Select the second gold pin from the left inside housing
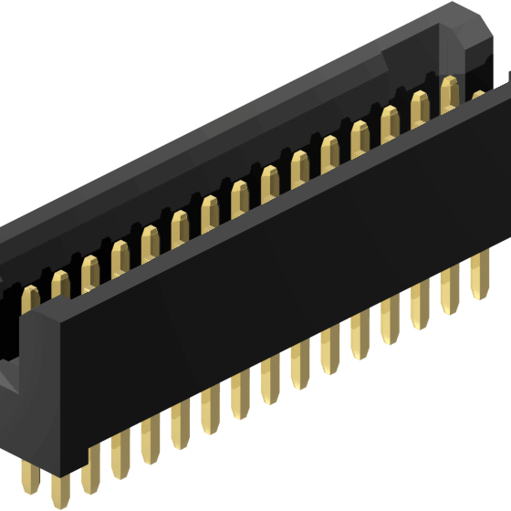60,284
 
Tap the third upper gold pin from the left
90,269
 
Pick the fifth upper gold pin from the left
150,240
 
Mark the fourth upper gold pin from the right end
391,121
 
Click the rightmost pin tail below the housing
479,274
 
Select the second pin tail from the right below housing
449,288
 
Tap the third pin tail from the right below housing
420,304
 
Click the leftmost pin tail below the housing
61,488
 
